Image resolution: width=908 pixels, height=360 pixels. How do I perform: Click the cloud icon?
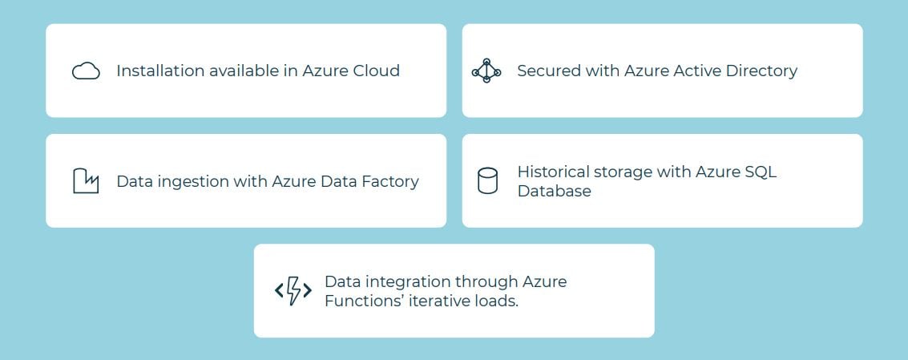(86, 71)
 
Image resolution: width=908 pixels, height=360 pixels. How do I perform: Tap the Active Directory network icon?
(486, 71)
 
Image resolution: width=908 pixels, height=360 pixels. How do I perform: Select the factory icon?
(86, 181)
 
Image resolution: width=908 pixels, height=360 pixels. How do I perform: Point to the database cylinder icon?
(487, 181)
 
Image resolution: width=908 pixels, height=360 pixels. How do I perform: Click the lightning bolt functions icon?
(293, 291)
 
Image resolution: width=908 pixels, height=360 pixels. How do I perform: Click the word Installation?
(160, 71)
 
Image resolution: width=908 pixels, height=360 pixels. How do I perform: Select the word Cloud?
(374, 71)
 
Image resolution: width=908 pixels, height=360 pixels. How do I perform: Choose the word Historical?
(555, 172)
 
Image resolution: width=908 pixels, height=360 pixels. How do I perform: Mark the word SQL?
(761, 172)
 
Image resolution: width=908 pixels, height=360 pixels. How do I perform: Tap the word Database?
(554, 191)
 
